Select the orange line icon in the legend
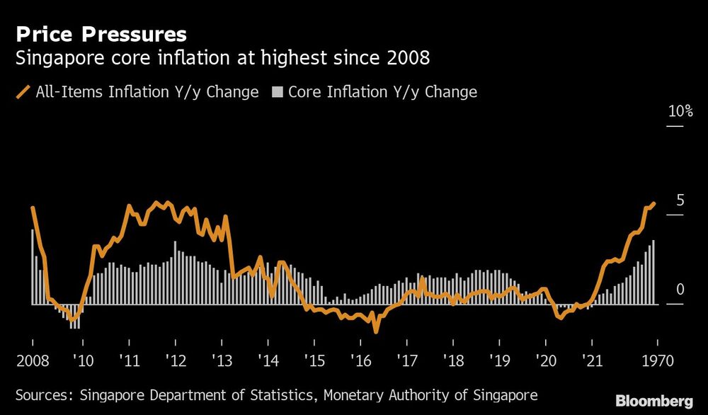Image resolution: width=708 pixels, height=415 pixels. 24,92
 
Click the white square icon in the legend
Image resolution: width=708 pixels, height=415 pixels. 278,92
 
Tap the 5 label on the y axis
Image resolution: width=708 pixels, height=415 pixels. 680,200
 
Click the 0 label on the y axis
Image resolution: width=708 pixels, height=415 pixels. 680,289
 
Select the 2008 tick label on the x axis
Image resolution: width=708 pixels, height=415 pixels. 32,360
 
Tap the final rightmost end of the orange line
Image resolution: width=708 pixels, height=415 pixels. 653,203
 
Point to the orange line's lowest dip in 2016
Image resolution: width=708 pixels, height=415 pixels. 376,330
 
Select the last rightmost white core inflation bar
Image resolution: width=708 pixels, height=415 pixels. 653,273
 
